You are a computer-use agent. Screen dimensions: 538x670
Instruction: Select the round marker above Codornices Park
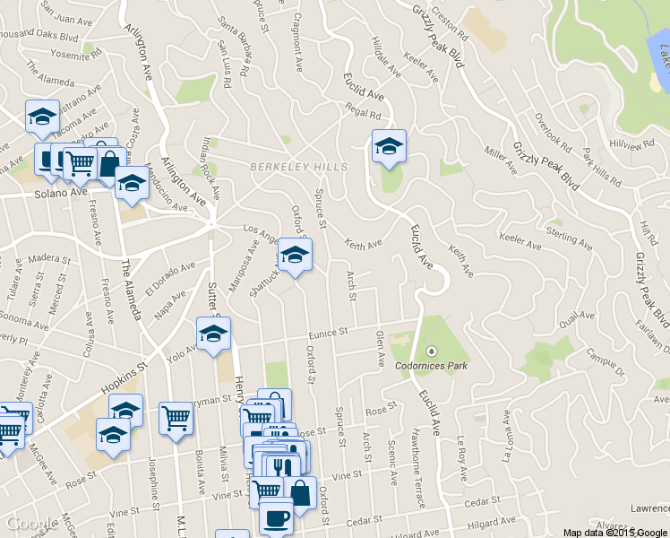point(431,350)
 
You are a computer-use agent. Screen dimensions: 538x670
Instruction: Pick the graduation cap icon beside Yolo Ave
point(214,334)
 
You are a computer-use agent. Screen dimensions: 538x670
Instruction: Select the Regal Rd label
point(363,114)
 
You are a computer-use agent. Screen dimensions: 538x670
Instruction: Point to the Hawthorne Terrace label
point(419,466)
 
